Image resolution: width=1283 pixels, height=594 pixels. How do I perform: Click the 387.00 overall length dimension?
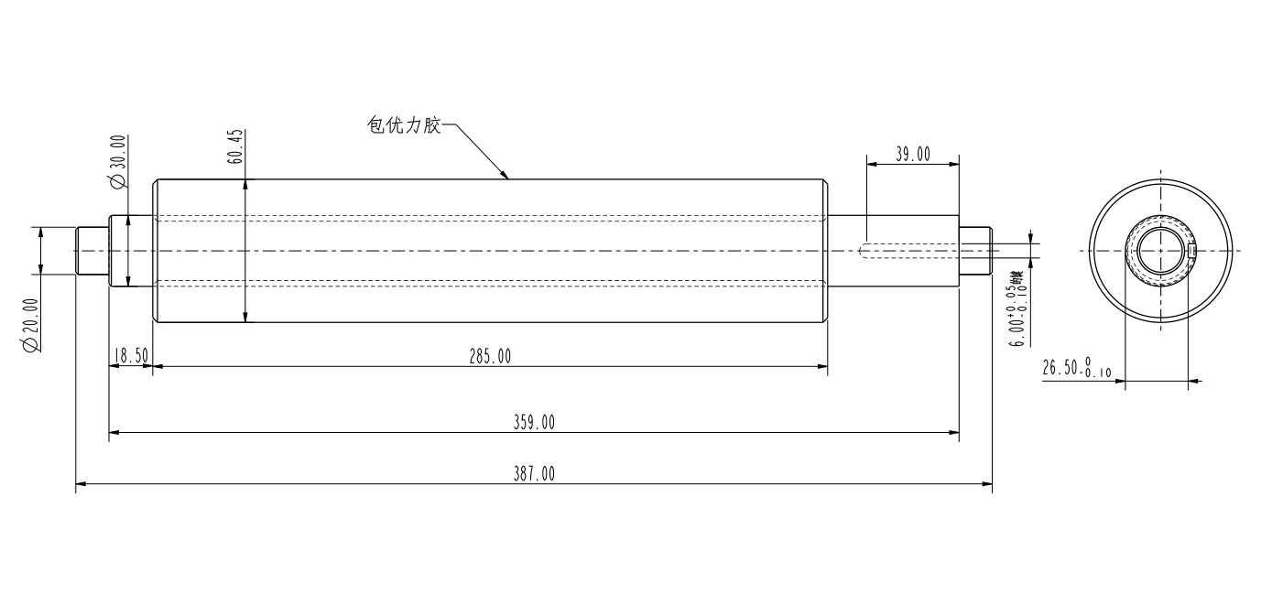coord(534,473)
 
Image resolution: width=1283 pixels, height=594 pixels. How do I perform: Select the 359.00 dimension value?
coord(534,422)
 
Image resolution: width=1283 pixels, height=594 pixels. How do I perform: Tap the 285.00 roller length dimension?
coord(490,357)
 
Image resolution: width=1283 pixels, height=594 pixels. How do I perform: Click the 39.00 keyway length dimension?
coord(912,155)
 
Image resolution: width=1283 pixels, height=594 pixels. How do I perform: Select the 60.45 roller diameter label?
coord(236,146)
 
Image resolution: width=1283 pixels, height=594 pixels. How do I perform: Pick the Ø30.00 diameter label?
coord(118,162)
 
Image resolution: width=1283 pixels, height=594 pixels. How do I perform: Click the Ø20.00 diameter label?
coord(30,325)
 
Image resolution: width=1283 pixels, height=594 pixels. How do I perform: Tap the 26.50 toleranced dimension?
coord(1076,369)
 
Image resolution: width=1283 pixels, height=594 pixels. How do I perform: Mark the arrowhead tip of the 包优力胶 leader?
coord(506,178)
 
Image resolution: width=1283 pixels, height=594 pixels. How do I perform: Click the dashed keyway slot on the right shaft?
coord(911,250)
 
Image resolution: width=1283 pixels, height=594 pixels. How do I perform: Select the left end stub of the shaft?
coord(92,250)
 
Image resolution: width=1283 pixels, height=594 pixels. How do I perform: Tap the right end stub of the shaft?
coord(976,250)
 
